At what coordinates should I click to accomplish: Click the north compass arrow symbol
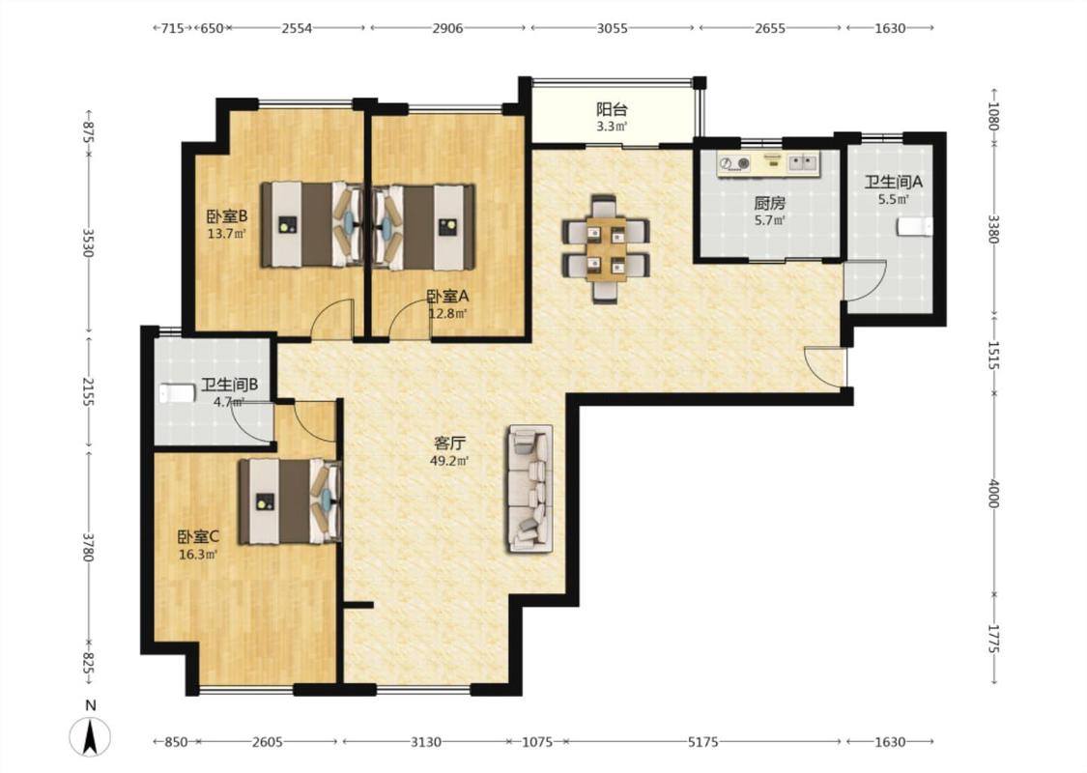(90, 736)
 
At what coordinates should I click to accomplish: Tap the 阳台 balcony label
(613, 109)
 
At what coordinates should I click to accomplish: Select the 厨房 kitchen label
(769, 204)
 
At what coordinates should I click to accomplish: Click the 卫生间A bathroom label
(894, 183)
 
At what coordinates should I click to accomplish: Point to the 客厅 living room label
(449, 443)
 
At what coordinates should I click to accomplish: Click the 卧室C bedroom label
(198, 536)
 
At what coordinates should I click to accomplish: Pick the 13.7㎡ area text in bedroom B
(227, 234)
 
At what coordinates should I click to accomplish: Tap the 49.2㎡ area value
(449, 461)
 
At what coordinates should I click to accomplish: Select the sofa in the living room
(531, 489)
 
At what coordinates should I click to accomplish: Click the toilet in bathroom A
(914, 227)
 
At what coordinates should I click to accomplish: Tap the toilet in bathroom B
(177, 394)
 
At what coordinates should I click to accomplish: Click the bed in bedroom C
(291, 501)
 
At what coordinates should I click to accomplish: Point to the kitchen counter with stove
(768, 163)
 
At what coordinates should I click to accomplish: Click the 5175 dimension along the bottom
(703, 742)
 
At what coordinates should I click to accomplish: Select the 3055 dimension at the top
(613, 28)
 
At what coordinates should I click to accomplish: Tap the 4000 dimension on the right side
(993, 493)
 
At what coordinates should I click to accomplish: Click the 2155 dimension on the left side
(88, 391)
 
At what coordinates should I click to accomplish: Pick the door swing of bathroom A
(865, 280)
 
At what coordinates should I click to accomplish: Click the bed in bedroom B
(311, 224)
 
